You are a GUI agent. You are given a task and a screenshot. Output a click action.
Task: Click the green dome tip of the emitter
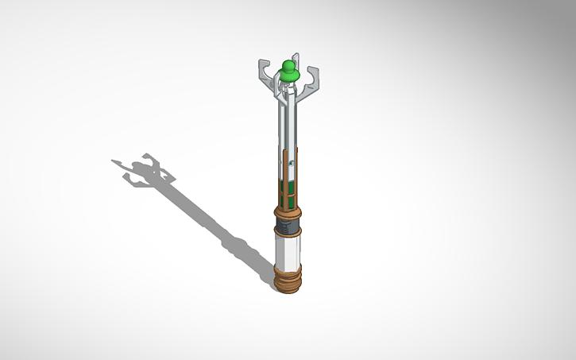pyautogui.click(x=288, y=65)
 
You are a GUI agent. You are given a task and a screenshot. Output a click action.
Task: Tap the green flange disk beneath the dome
pyautogui.click(x=288, y=76)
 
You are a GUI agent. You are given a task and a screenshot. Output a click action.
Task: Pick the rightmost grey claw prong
pyautogui.click(x=313, y=79)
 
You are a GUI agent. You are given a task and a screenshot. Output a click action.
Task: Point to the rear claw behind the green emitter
pyautogui.click(x=296, y=60)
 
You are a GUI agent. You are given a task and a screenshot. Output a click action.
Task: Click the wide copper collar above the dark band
pyautogui.click(x=288, y=213)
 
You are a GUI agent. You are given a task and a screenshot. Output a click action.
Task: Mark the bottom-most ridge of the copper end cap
pyautogui.click(x=288, y=290)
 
